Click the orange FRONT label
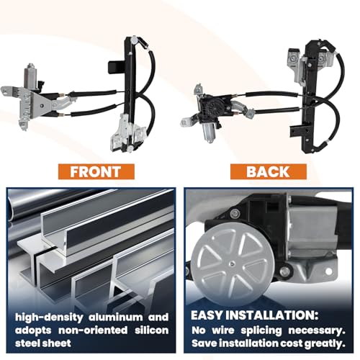click(96, 171)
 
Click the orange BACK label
click(268, 171)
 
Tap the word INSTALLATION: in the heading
click(272, 315)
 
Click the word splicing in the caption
click(261, 330)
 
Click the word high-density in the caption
click(49, 318)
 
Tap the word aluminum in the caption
click(116, 318)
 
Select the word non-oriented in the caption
click(93, 330)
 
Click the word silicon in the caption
click(152, 330)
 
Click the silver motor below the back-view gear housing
click(207, 132)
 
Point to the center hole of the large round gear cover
click(231, 264)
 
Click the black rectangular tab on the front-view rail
click(117, 67)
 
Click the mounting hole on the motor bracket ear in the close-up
click(328, 271)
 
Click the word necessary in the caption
click(317, 330)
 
